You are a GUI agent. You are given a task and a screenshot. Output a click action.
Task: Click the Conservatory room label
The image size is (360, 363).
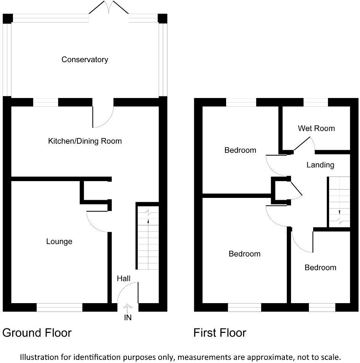[x=85, y=59]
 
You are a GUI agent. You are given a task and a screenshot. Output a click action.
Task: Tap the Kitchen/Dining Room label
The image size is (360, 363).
[x=85, y=141]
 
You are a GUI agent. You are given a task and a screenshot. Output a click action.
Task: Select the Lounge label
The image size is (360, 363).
[x=59, y=241]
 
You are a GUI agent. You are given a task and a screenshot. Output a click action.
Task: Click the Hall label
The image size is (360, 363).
[x=124, y=279]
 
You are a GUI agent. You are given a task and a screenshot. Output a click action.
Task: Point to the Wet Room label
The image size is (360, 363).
[x=316, y=128]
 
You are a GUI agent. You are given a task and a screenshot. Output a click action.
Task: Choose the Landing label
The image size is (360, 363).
[x=320, y=165]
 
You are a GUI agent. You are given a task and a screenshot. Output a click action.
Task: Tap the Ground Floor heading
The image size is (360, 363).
[x=37, y=333]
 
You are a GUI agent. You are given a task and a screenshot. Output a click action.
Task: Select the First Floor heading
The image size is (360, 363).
[x=220, y=333]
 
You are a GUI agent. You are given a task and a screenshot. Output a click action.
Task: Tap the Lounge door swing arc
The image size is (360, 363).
[x=96, y=222]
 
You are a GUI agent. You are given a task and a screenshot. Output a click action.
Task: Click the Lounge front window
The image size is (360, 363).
[x=59, y=307]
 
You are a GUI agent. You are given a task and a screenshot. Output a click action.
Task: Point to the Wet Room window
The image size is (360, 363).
[x=316, y=102]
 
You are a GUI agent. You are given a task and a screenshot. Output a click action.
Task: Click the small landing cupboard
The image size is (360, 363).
[x=281, y=189]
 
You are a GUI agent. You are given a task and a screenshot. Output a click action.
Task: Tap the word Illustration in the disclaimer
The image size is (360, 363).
[x=40, y=357]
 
